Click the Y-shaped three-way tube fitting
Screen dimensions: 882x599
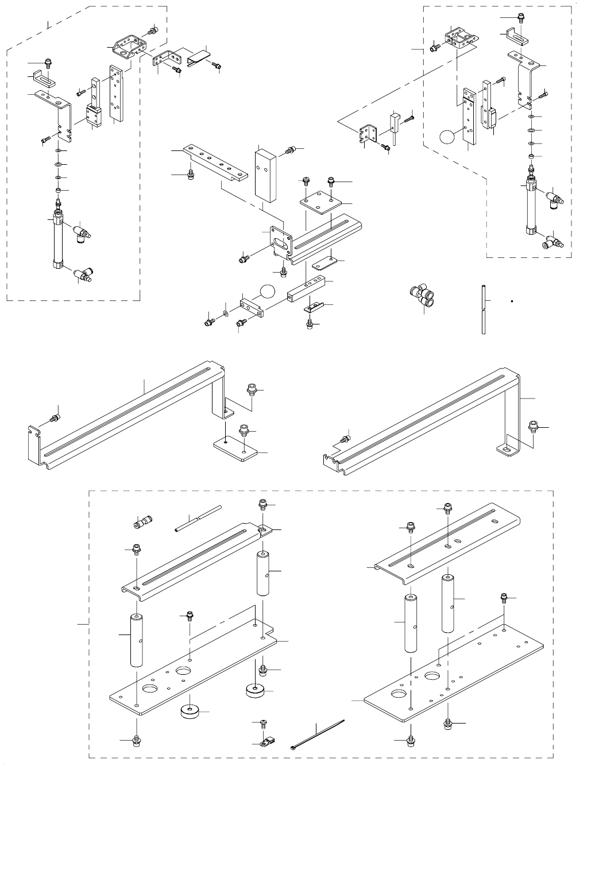[423, 293]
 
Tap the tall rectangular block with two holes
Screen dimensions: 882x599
[264, 174]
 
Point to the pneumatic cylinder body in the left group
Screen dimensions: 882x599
[57, 241]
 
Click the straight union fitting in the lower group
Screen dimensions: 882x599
[141, 523]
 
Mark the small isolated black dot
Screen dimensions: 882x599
[511, 300]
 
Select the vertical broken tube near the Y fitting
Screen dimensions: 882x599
[484, 310]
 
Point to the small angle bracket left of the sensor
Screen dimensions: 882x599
[366, 135]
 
